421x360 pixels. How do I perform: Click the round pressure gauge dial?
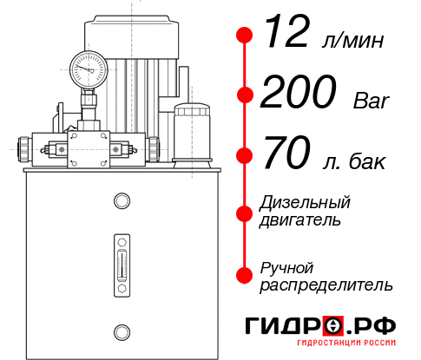[x=89, y=68]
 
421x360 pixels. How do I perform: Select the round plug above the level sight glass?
[x=122, y=202]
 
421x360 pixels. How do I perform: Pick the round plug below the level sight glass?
[x=122, y=331]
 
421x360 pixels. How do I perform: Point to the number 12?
[x=288, y=36]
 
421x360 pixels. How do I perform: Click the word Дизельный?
[x=305, y=203]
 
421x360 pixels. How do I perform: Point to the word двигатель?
[x=300, y=220]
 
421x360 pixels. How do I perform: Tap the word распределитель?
[x=326, y=285]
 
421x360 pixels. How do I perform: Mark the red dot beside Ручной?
[x=245, y=274]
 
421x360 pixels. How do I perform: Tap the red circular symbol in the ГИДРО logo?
[x=332, y=326]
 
